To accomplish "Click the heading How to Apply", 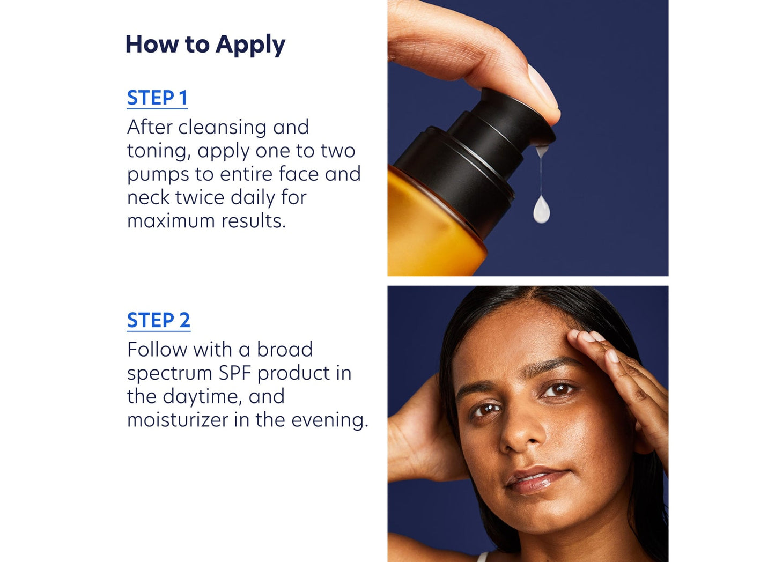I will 205,45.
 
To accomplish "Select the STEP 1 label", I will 157,98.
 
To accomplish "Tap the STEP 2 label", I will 158,320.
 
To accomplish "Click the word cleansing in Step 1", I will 222,128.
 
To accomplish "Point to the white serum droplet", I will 541,209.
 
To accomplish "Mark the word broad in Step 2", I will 284,350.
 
